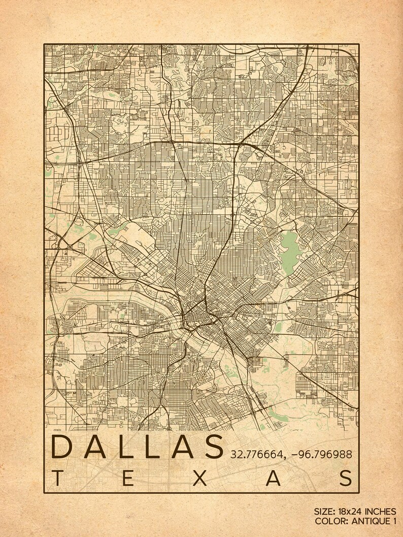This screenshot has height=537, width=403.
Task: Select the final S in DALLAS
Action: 211,446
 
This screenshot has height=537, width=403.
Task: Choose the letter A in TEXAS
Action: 274,478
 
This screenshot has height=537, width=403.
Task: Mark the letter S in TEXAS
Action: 347,478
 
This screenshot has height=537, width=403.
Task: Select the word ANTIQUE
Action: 370,521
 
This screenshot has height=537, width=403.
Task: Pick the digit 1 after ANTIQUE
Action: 394,521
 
